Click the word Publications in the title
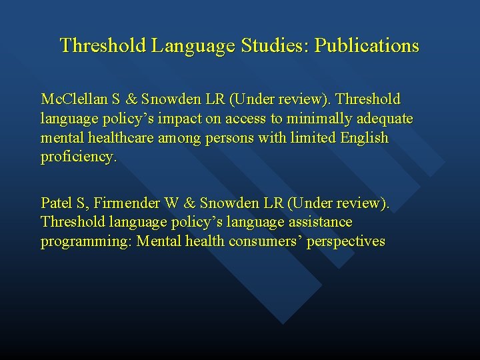point(367,46)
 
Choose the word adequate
point(384,119)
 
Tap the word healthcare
point(127,139)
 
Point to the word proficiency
point(79,158)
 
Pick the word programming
point(86,241)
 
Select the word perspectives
point(347,241)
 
